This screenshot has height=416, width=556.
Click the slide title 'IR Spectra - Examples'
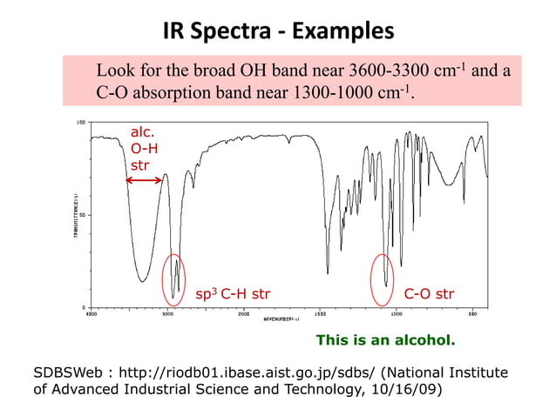coord(278,32)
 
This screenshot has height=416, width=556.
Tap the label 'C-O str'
coord(429,293)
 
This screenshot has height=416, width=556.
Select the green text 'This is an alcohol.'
coord(385,339)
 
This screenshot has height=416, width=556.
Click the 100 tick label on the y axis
coord(80,123)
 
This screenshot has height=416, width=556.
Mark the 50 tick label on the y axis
coord(82,215)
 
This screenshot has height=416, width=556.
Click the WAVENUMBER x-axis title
coord(281,319)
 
